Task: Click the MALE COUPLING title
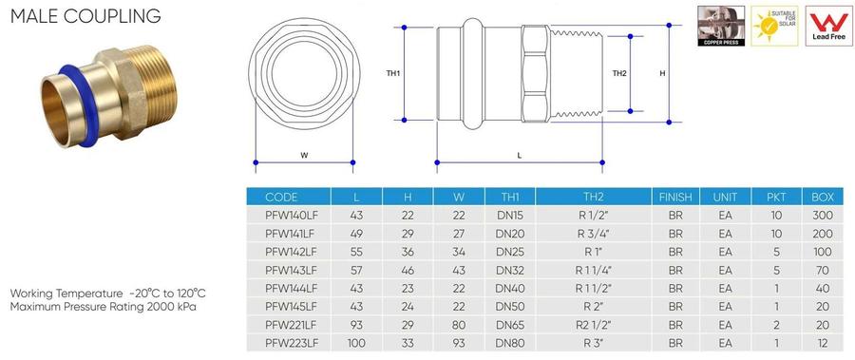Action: [85, 16]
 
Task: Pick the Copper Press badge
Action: [721, 27]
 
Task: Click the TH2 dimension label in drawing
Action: [618, 73]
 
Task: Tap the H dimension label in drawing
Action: [662, 73]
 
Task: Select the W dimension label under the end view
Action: [304, 156]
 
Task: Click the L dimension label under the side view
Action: [519, 156]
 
